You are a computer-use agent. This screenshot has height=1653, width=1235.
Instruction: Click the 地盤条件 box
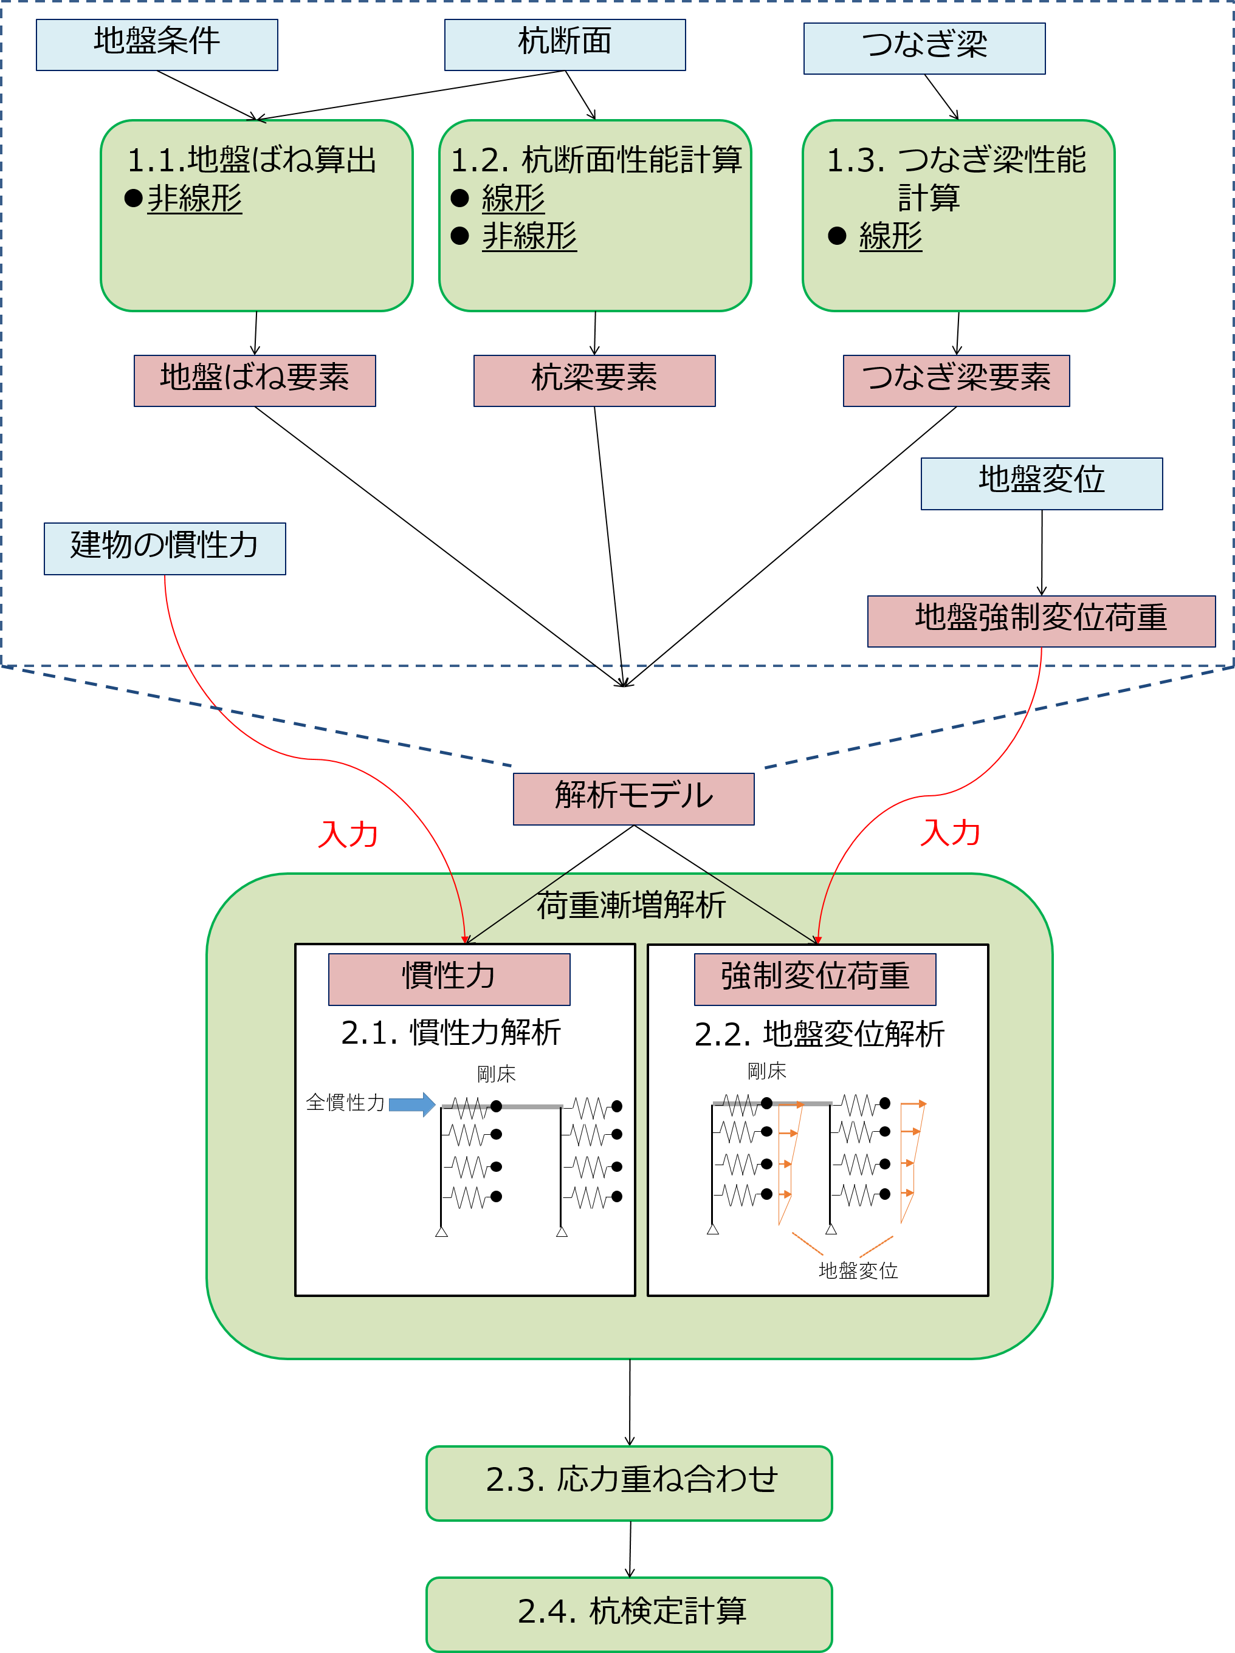(x=157, y=45)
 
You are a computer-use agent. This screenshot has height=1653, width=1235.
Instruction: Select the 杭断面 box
(x=565, y=45)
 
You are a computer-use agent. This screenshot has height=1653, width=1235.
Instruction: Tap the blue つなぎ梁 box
(x=924, y=49)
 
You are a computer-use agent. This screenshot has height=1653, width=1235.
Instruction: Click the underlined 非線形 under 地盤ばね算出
(x=194, y=199)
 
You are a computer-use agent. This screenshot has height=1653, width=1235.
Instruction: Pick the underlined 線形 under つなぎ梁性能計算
(x=890, y=237)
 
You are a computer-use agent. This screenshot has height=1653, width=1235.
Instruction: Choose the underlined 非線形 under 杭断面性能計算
(x=529, y=237)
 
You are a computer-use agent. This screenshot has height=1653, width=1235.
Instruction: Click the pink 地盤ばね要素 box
(x=254, y=380)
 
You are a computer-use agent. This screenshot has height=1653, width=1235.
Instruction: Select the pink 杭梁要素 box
(x=594, y=380)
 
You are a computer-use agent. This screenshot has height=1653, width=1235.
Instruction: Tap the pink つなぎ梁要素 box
(x=956, y=380)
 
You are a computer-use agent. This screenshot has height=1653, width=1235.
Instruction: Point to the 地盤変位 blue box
(x=1041, y=484)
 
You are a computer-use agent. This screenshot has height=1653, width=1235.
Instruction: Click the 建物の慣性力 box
(x=165, y=549)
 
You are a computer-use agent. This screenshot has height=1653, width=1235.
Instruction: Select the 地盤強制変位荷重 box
(x=1041, y=621)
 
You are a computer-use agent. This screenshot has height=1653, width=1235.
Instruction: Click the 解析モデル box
(x=633, y=799)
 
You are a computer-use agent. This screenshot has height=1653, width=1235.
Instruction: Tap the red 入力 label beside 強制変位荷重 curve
(x=950, y=832)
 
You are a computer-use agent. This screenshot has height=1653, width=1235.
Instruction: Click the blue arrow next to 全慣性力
(x=412, y=1104)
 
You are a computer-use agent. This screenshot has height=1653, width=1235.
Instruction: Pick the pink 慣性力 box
(x=449, y=979)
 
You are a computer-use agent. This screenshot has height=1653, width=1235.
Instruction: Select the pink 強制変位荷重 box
(x=815, y=979)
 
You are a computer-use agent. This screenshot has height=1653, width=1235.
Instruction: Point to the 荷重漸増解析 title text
(x=631, y=906)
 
